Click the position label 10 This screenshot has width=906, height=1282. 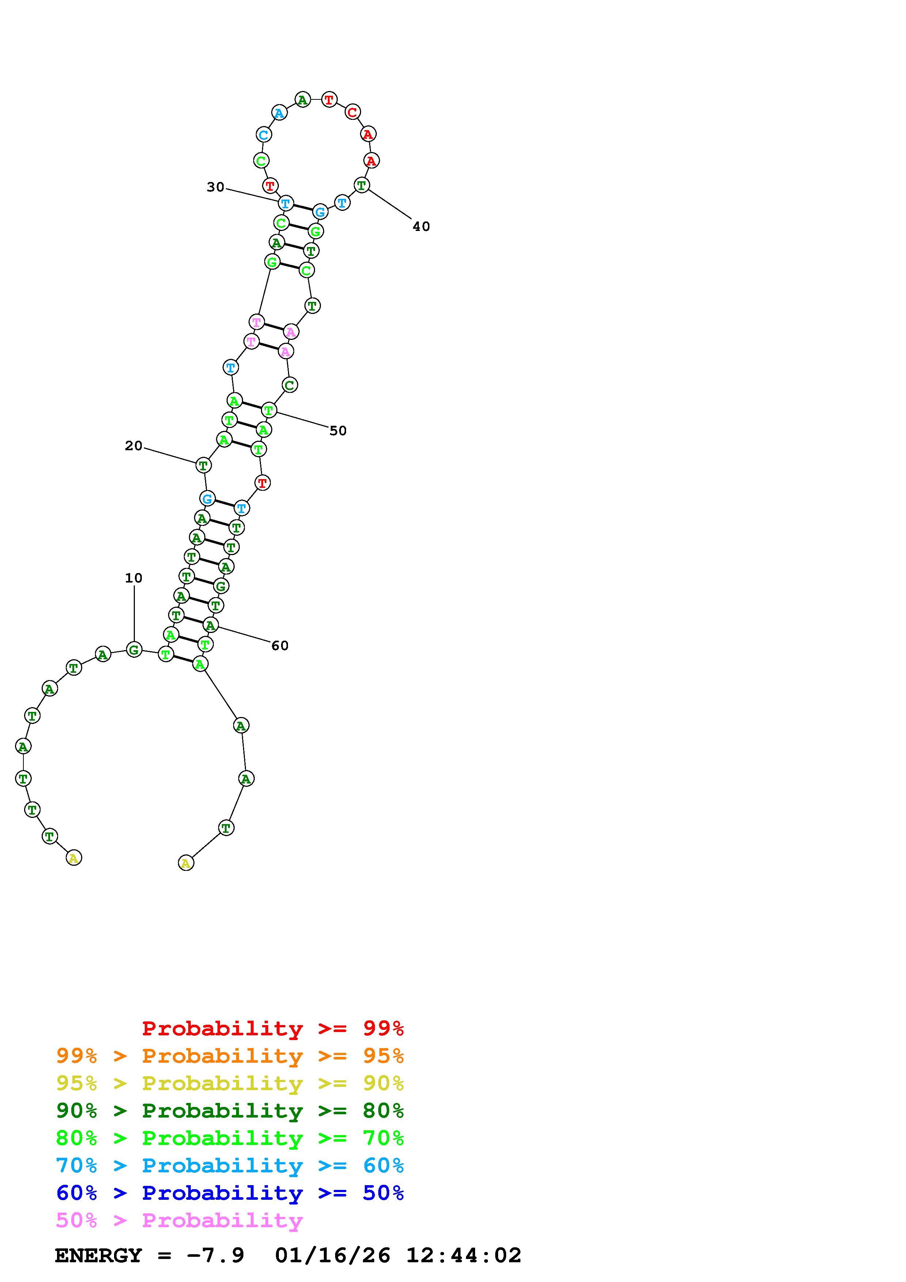click(x=133, y=578)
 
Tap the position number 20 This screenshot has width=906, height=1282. click(x=133, y=445)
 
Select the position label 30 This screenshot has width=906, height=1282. click(x=216, y=187)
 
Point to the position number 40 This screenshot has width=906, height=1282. click(x=421, y=226)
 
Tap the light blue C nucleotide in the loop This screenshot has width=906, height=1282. click(x=264, y=134)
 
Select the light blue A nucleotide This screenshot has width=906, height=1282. click(x=279, y=113)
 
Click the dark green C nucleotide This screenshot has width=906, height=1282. click(x=289, y=385)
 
